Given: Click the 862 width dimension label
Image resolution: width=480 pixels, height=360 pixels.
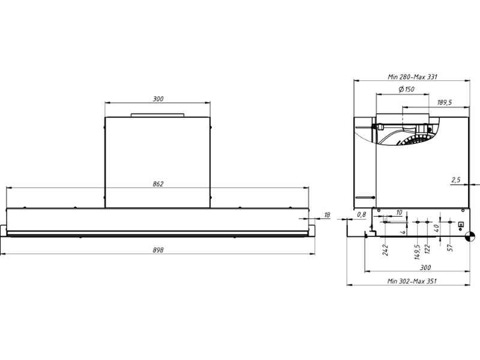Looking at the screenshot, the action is pos(158,184).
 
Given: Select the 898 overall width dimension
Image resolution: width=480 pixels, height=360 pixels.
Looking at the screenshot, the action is pos(158,250).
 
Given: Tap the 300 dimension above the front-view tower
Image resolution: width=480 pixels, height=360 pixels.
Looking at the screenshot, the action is pos(158,99).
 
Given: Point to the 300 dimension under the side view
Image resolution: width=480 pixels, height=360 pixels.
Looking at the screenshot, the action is pos(425,268).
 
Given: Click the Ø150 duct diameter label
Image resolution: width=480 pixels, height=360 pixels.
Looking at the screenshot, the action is pos(407,89).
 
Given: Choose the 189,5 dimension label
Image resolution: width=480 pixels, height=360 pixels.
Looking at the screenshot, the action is pos(445,103).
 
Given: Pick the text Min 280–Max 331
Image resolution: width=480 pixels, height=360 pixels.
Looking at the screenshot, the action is pos(412,77).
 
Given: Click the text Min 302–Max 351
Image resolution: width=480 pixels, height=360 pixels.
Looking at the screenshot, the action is pos(412,281).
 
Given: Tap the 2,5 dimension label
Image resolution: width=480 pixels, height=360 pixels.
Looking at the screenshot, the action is pos(456,180).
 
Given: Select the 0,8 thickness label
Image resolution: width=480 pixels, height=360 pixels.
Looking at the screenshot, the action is pos(362,215).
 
